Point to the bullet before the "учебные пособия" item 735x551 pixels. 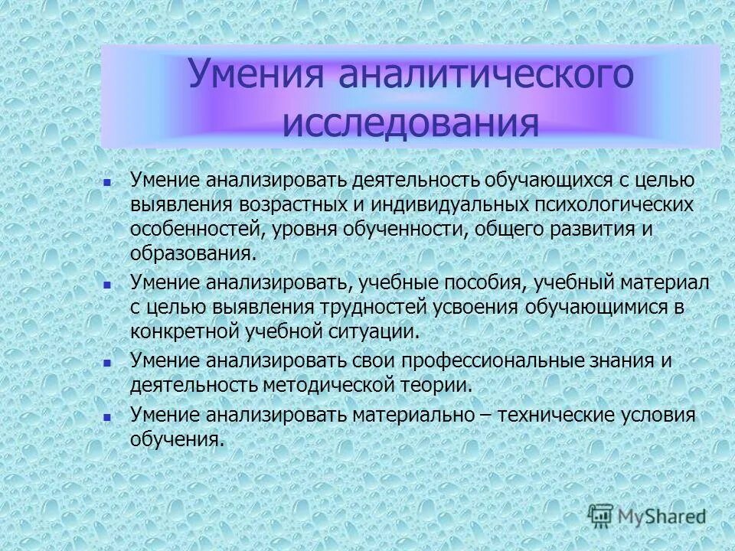click(107, 284)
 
